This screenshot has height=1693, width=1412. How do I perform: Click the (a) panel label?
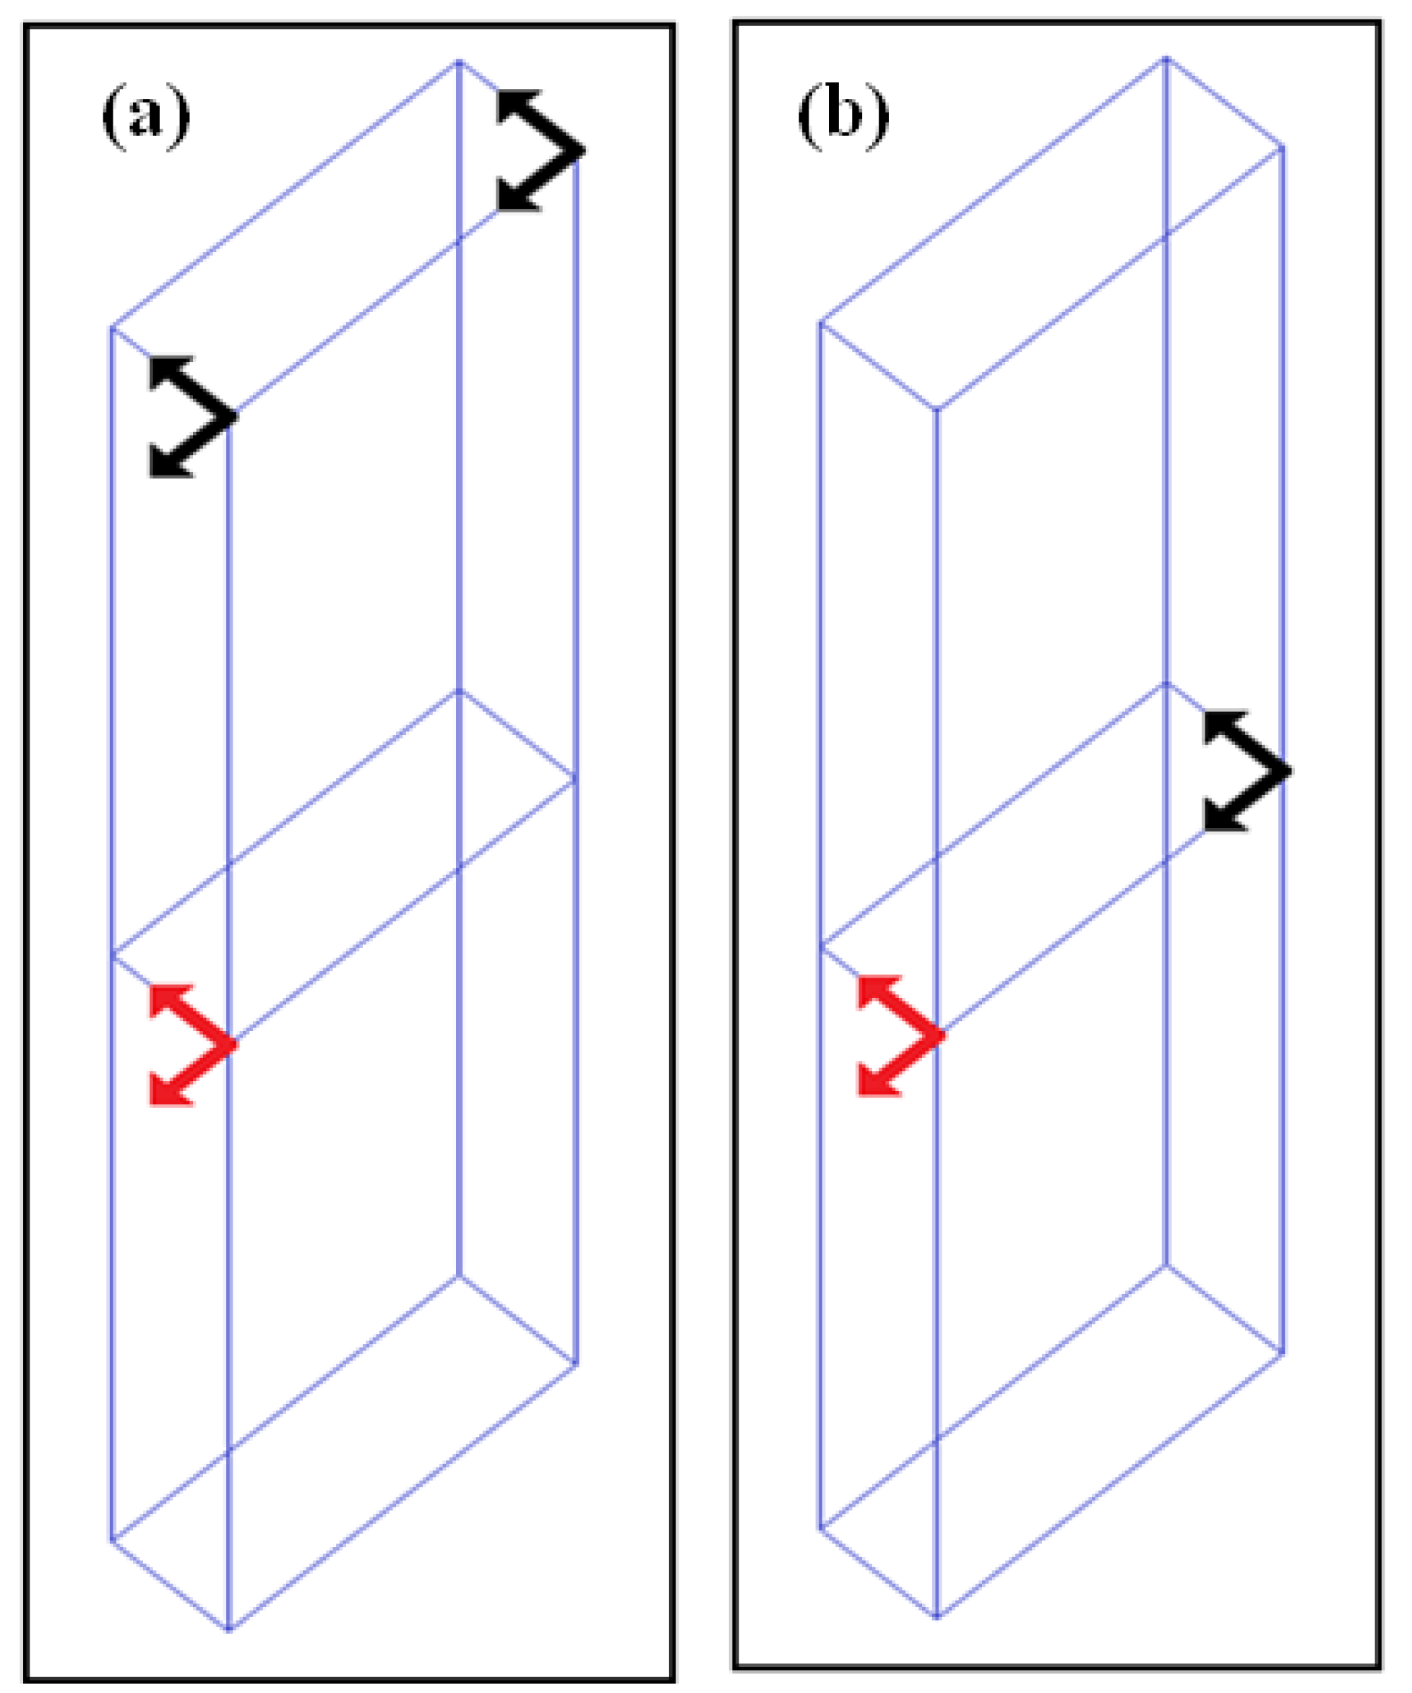pos(146,118)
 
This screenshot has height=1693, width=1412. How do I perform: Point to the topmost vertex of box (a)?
pos(459,61)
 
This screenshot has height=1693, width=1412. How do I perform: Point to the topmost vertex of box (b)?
pos(1166,58)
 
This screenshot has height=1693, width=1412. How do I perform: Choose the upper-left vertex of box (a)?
pos(111,328)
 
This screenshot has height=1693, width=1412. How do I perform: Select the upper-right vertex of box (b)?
pos(1282,146)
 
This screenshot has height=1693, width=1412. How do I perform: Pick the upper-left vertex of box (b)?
pos(820,322)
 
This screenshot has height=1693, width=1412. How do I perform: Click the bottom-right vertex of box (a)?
pos(576,1364)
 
